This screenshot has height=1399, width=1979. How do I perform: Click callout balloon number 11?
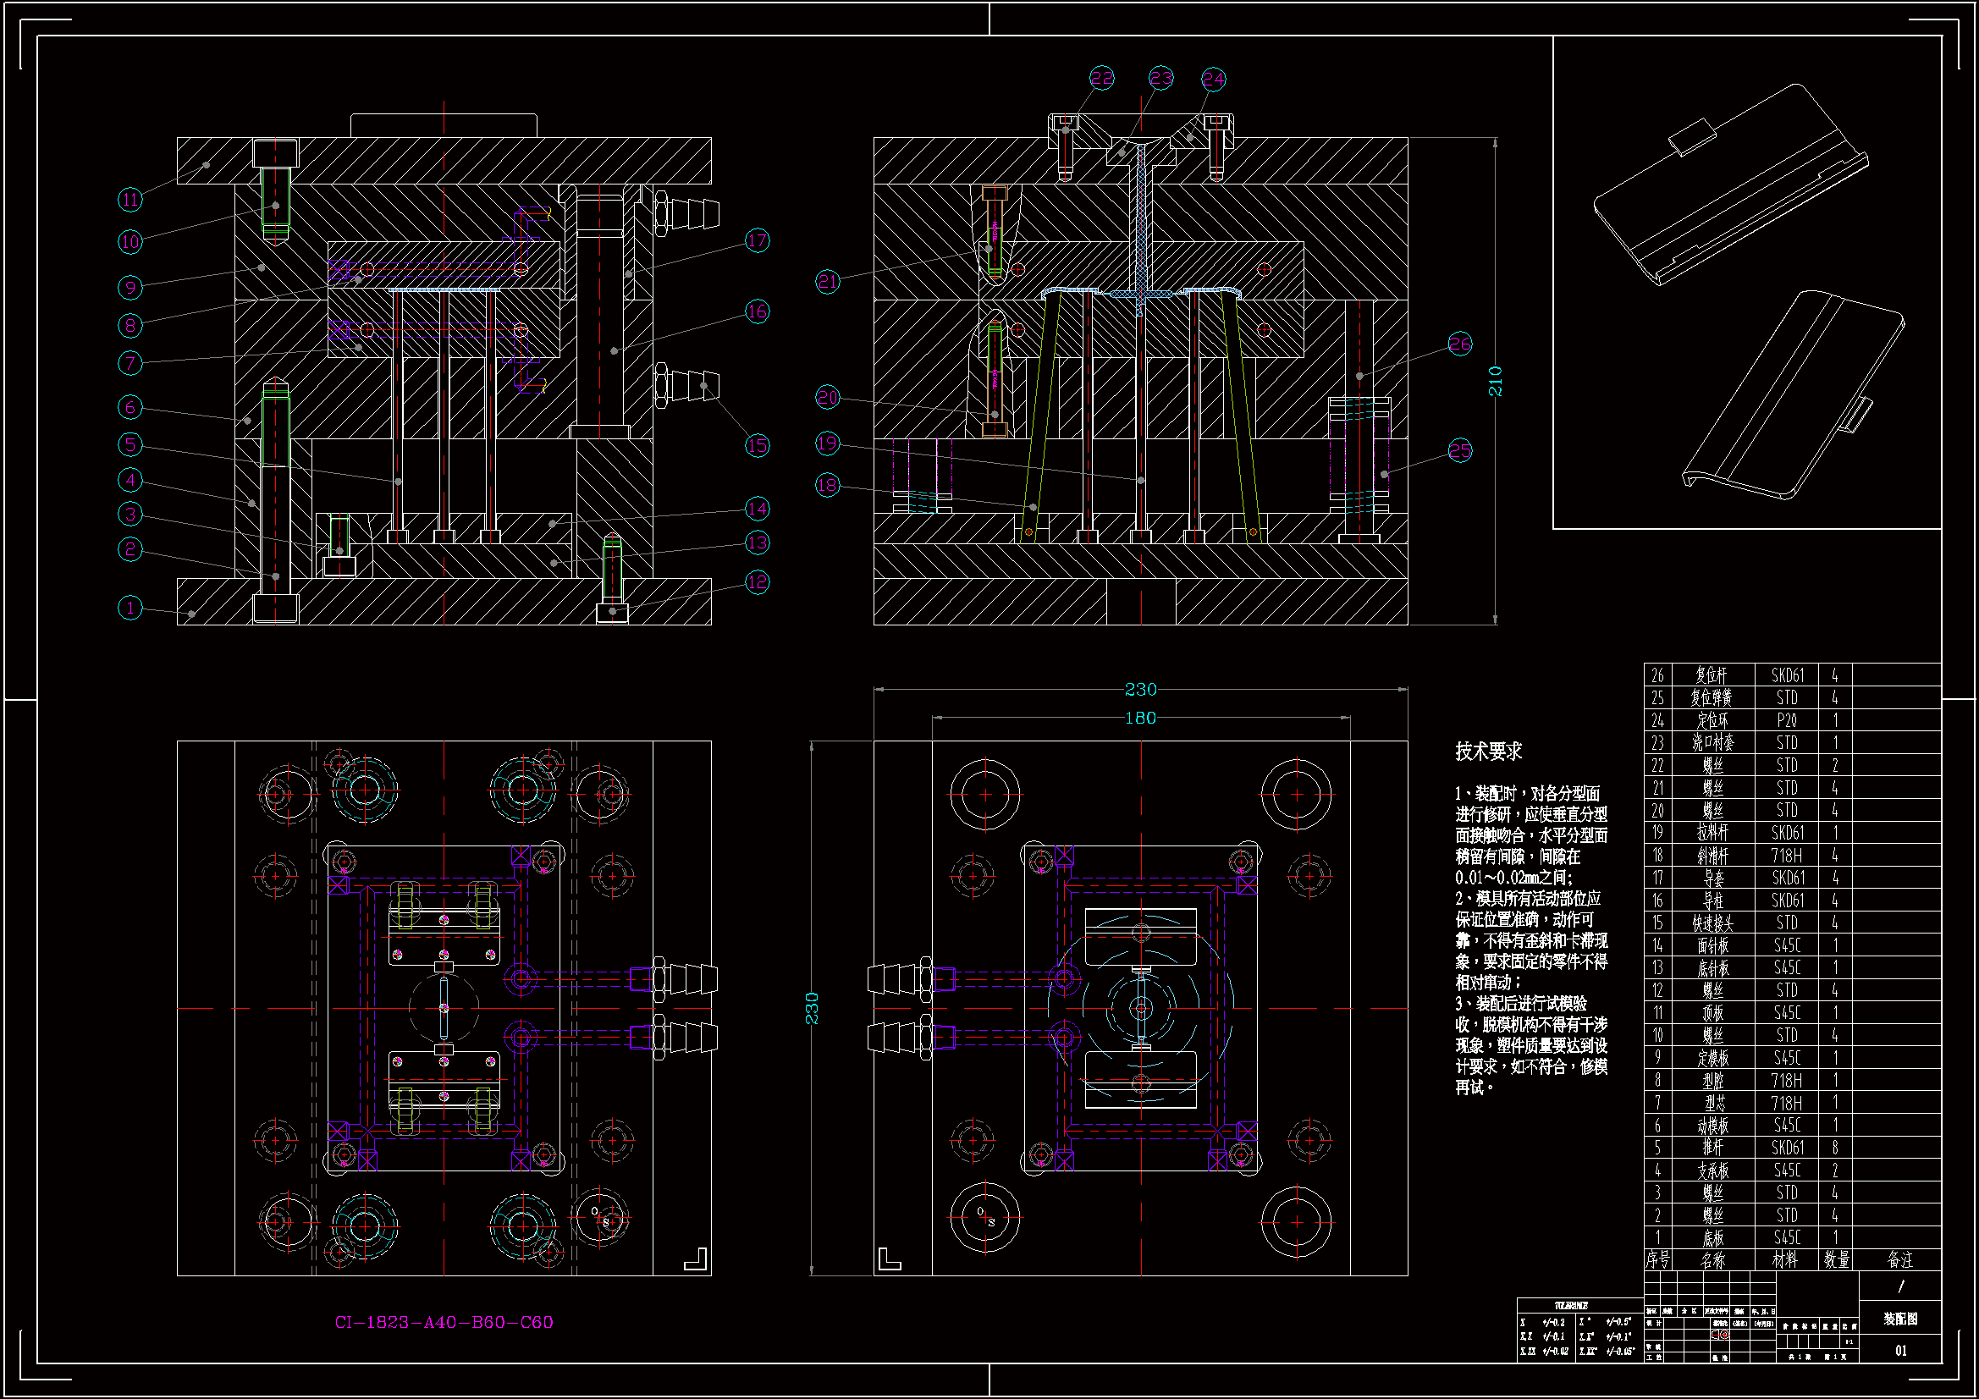[130, 200]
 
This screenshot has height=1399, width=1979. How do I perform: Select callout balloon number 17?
[757, 240]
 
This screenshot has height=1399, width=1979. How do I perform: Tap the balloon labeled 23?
[1161, 79]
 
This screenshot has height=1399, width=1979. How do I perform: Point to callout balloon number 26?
[1459, 344]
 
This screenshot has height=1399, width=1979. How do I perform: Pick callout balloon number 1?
[130, 608]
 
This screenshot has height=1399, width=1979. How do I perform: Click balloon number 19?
[827, 443]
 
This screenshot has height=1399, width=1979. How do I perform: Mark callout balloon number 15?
[757, 446]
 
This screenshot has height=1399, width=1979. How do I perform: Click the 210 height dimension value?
[1496, 381]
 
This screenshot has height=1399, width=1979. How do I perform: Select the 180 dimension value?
[1140, 718]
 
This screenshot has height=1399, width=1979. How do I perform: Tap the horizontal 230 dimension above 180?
[1140, 690]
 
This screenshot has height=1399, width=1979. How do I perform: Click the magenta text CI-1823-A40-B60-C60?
[444, 1322]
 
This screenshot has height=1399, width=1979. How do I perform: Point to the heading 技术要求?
[1489, 752]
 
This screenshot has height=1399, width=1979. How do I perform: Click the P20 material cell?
[1787, 719]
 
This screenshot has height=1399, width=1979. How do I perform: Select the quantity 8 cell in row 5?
[1835, 1148]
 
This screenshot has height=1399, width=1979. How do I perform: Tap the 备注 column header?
[1899, 1259]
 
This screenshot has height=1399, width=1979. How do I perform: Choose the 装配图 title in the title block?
[1899, 1319]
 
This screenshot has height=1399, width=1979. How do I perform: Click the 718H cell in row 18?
[1787, 855]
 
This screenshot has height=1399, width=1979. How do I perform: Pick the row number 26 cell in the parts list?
[1657, 675]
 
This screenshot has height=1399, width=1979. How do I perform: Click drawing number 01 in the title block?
[1900, 1351]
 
